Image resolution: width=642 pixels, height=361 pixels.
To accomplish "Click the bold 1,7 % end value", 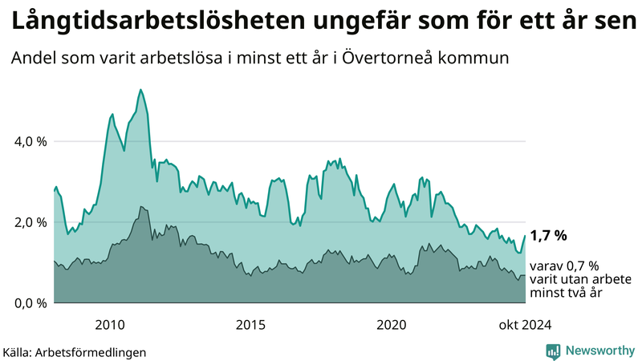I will pyautogui.click(x=549, y=235).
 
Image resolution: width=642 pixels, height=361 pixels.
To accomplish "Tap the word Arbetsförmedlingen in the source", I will pyautogui.click(x=96, y=352).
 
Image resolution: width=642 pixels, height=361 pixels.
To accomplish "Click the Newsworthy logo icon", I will pyautogui.click(x=553, y=351).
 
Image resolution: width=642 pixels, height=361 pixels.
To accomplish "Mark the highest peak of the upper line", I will pyautogui.click(x=140, y=89).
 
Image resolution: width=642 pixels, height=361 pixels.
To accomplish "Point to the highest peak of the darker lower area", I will pyautogui.click(x=140, y=206).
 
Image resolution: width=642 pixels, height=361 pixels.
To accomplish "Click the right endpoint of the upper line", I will pyautogui.click(x=525, y=236).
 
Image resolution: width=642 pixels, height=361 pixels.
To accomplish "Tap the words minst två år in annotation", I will pyautogui.click(x=565, y=294).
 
